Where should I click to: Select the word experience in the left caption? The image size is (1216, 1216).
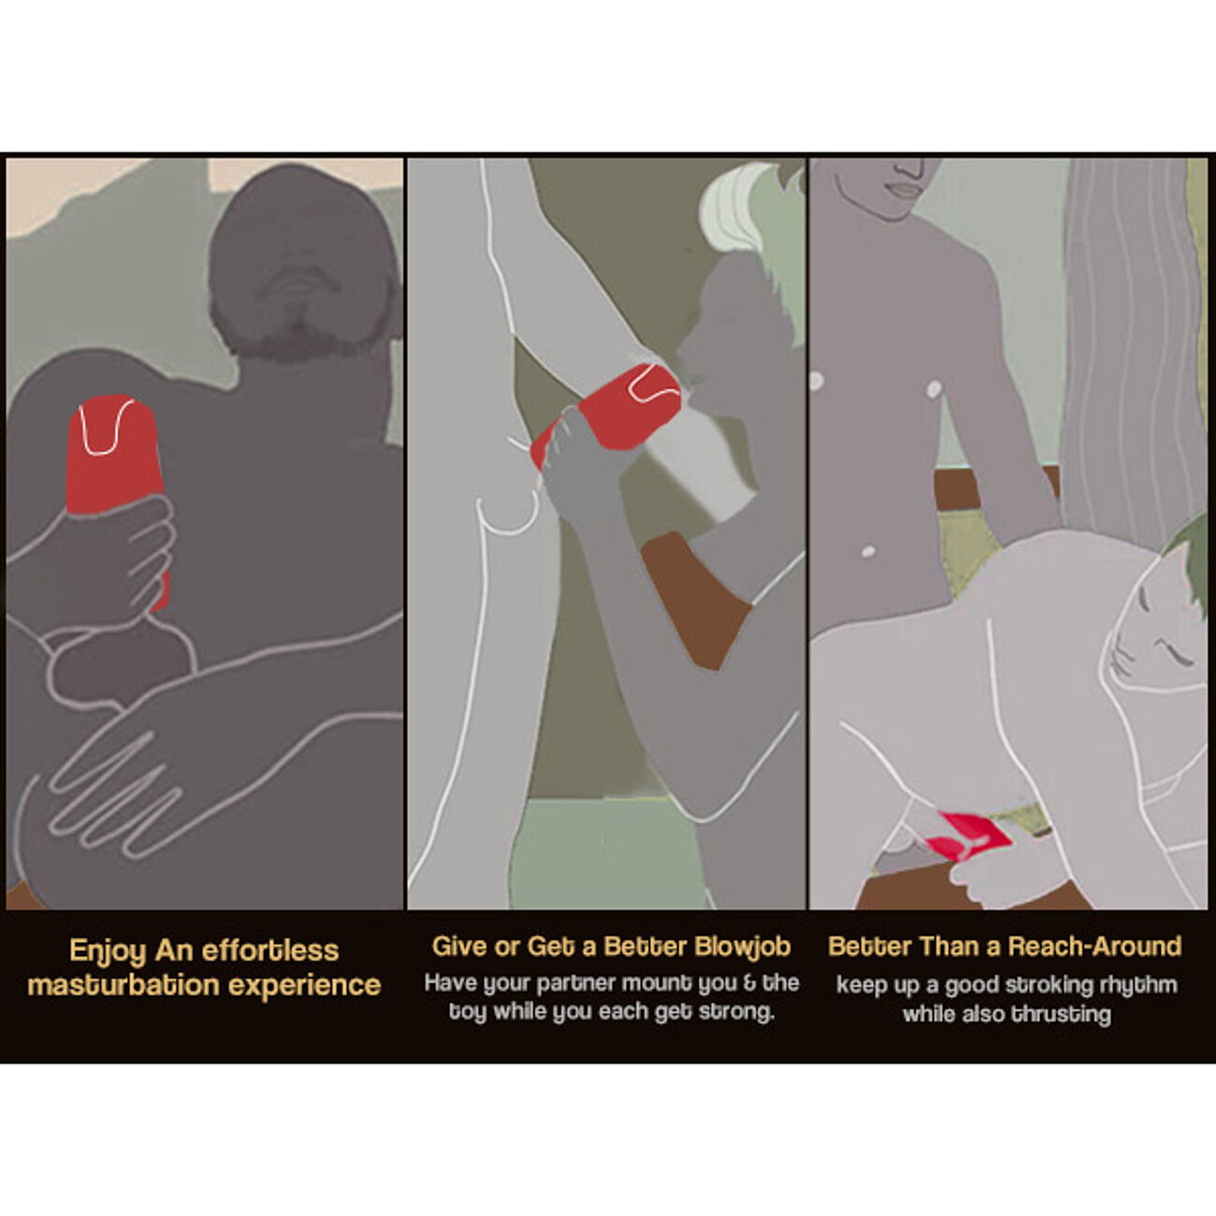tap(304, 986)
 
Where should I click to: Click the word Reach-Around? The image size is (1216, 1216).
tap(1094, 947)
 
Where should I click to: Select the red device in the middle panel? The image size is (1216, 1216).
tap(606, 411)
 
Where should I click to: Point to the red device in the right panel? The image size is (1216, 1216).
tap(969, 836)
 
